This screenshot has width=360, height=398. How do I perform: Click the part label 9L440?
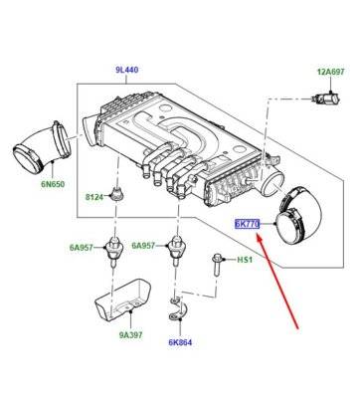127,70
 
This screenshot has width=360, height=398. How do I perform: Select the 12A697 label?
331,72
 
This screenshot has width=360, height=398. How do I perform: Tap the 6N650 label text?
53,184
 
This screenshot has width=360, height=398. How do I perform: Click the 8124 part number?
94,197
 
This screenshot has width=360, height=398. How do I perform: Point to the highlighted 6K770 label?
247,224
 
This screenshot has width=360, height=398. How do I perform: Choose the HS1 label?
245,260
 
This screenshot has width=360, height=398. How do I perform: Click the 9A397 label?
131,335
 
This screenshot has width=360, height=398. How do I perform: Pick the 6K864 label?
180,342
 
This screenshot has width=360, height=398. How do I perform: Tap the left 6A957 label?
82,247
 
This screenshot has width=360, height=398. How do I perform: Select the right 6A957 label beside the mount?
143,246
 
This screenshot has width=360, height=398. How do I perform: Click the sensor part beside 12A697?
325,99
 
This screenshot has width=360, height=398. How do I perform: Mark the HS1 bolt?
217,265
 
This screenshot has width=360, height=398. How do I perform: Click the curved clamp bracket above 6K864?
178,309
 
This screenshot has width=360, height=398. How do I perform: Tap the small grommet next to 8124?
116,193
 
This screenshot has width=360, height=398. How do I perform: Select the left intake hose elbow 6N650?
42,148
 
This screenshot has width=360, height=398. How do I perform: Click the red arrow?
277,281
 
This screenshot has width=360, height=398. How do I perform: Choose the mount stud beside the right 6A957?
177,248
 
